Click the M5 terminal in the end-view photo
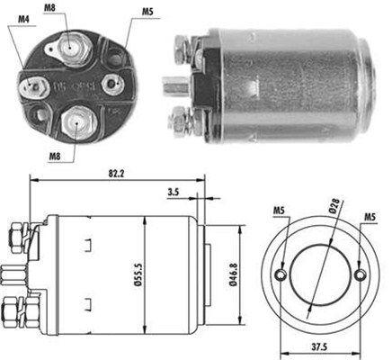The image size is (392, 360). (x=112, y=82)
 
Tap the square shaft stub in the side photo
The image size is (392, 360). (x=170, y=88)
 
